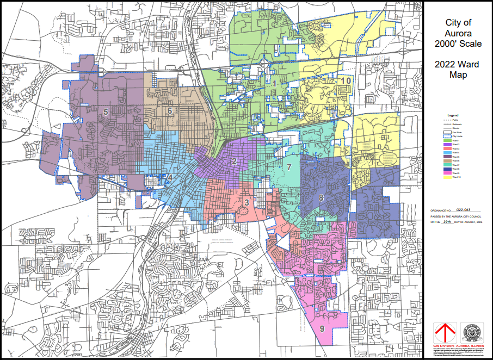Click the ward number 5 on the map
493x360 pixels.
click(106, 112)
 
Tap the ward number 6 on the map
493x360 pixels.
click(170, 111)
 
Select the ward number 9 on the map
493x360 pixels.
click(322, 328)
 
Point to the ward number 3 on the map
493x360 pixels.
click(246, 203)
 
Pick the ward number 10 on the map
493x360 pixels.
click(346, 81)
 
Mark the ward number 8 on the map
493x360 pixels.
click(322, 197)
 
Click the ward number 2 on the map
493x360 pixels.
click(234, 161)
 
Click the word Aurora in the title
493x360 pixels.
click(459, 33)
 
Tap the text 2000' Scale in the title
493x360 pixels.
click(459, 44)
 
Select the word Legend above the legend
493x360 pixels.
click(453, 115)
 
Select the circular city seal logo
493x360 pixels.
click(471, 332)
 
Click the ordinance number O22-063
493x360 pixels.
click(463, 208)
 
